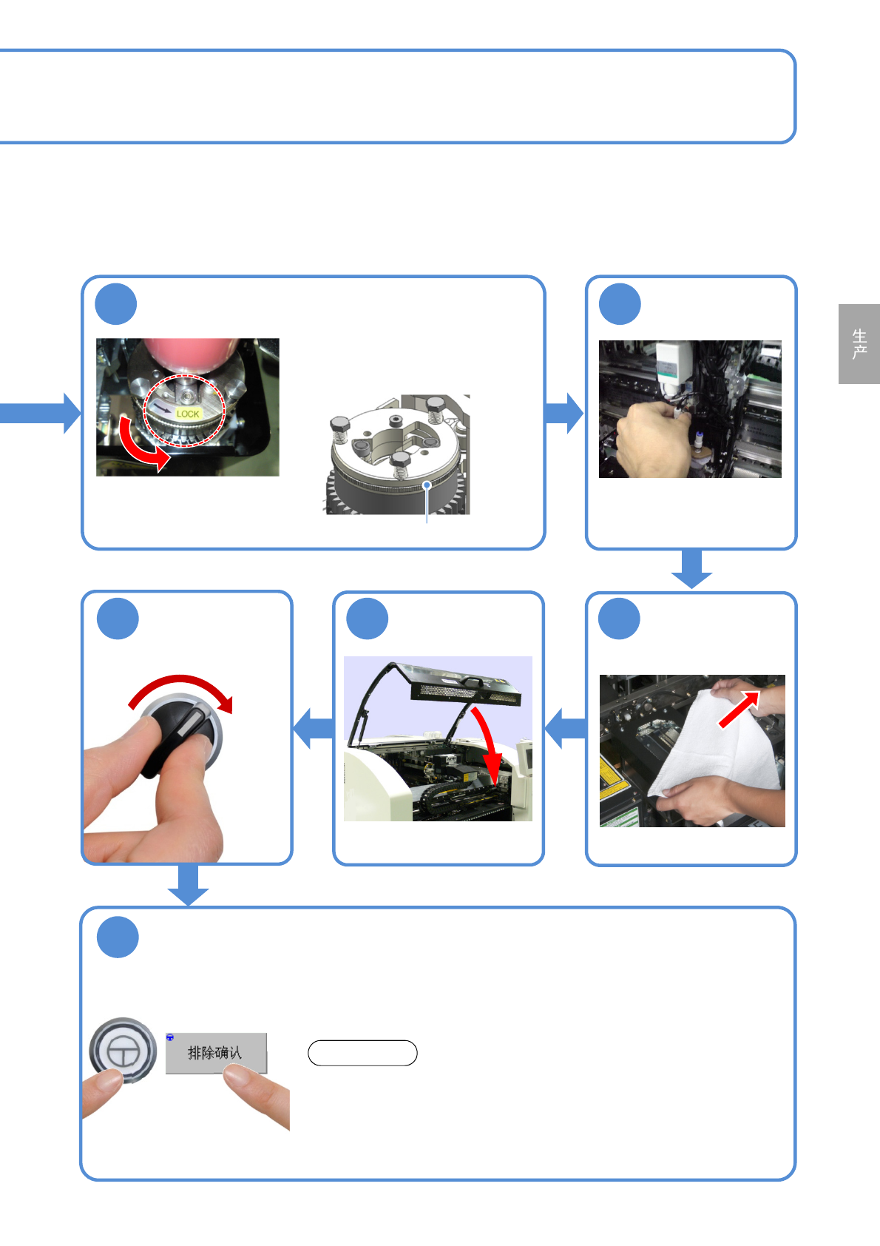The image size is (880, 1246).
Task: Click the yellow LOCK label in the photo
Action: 188,414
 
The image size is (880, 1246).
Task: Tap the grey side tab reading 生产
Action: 859,344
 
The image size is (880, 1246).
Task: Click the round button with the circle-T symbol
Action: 123,1050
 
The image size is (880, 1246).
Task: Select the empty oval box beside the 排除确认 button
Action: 362,1053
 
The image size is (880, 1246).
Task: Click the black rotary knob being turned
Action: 180,732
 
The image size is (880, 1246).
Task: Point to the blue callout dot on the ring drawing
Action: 427,485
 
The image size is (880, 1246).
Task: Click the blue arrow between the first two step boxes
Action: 564,413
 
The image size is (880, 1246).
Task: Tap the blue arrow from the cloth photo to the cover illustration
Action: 565,728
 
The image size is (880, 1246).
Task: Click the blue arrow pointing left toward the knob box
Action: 314,728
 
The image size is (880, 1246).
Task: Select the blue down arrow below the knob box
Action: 188,884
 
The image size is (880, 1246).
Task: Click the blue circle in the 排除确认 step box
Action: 118,937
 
